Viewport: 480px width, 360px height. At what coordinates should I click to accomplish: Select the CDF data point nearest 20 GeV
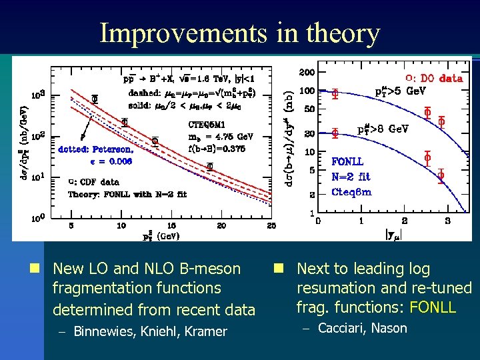coord(210,167)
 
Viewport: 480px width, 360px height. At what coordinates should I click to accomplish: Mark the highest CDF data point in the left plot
coord(95,98)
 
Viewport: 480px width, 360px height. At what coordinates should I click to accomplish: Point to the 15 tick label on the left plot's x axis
coord(171,226)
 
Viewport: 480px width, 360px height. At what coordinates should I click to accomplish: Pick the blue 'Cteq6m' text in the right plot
coord(351,192)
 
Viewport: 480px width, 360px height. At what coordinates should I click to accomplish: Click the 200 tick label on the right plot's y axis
coord(306,71)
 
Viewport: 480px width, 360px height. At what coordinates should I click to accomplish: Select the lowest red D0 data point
coord(441,175)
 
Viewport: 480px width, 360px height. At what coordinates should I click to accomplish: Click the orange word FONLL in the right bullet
coord(433,308)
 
